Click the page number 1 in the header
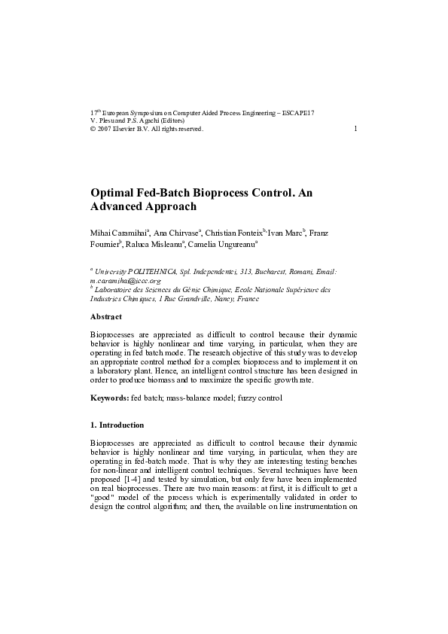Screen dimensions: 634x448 click(355, 129)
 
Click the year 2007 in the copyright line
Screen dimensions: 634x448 click(105, 129)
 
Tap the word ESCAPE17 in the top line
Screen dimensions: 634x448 click(299, 112)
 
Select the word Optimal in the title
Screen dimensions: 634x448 click(114, 193)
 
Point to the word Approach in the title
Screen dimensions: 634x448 click(171, 206)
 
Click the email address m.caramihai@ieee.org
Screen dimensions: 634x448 click(125, 280)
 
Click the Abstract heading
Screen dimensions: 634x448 click(105, 317)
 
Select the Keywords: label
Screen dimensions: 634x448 click(109, 398)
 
